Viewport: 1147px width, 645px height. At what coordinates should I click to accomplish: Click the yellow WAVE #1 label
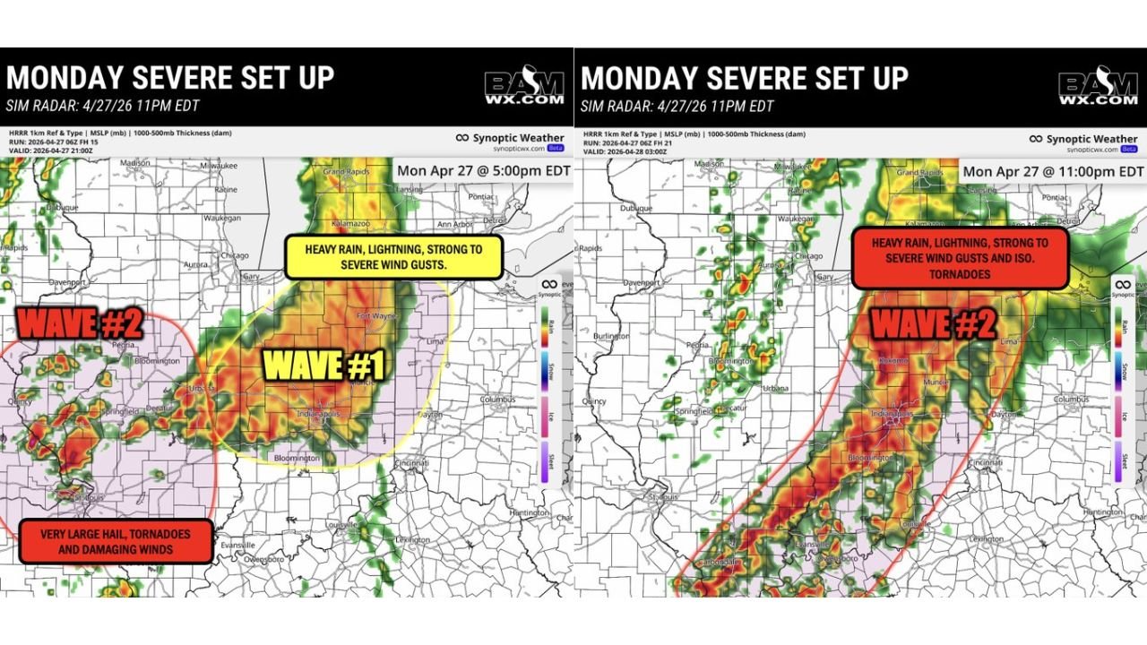323,365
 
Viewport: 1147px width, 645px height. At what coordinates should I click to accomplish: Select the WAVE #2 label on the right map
933,323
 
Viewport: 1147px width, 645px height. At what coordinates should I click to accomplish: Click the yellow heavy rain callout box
394,257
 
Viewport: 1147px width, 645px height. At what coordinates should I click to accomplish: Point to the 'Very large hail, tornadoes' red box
116,541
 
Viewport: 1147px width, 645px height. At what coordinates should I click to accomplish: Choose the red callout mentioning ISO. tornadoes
960,258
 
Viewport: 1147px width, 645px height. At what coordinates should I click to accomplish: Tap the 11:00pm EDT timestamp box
1053,171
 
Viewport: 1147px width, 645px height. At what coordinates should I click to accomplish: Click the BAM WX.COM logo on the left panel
524,90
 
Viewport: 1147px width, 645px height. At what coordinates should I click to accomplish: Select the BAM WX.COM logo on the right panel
1098,90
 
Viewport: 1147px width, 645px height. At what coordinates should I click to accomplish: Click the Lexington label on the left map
411,539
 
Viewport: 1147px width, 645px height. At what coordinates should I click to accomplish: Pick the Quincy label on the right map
594,401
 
